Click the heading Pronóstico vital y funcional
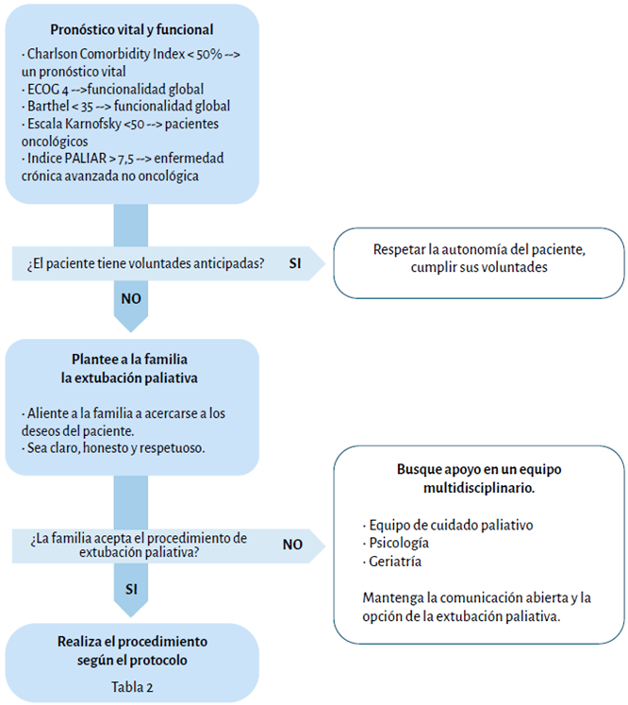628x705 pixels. click(131, 29)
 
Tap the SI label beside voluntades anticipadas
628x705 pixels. click(295, 264)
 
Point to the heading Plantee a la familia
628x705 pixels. click(131, 360)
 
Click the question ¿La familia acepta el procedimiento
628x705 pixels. click(138, 545)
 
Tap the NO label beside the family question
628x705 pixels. click(292, 545)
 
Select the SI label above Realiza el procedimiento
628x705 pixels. click(131, 589)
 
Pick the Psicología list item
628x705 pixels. click(400, 543)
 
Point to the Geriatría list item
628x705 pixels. click(394, 562)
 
